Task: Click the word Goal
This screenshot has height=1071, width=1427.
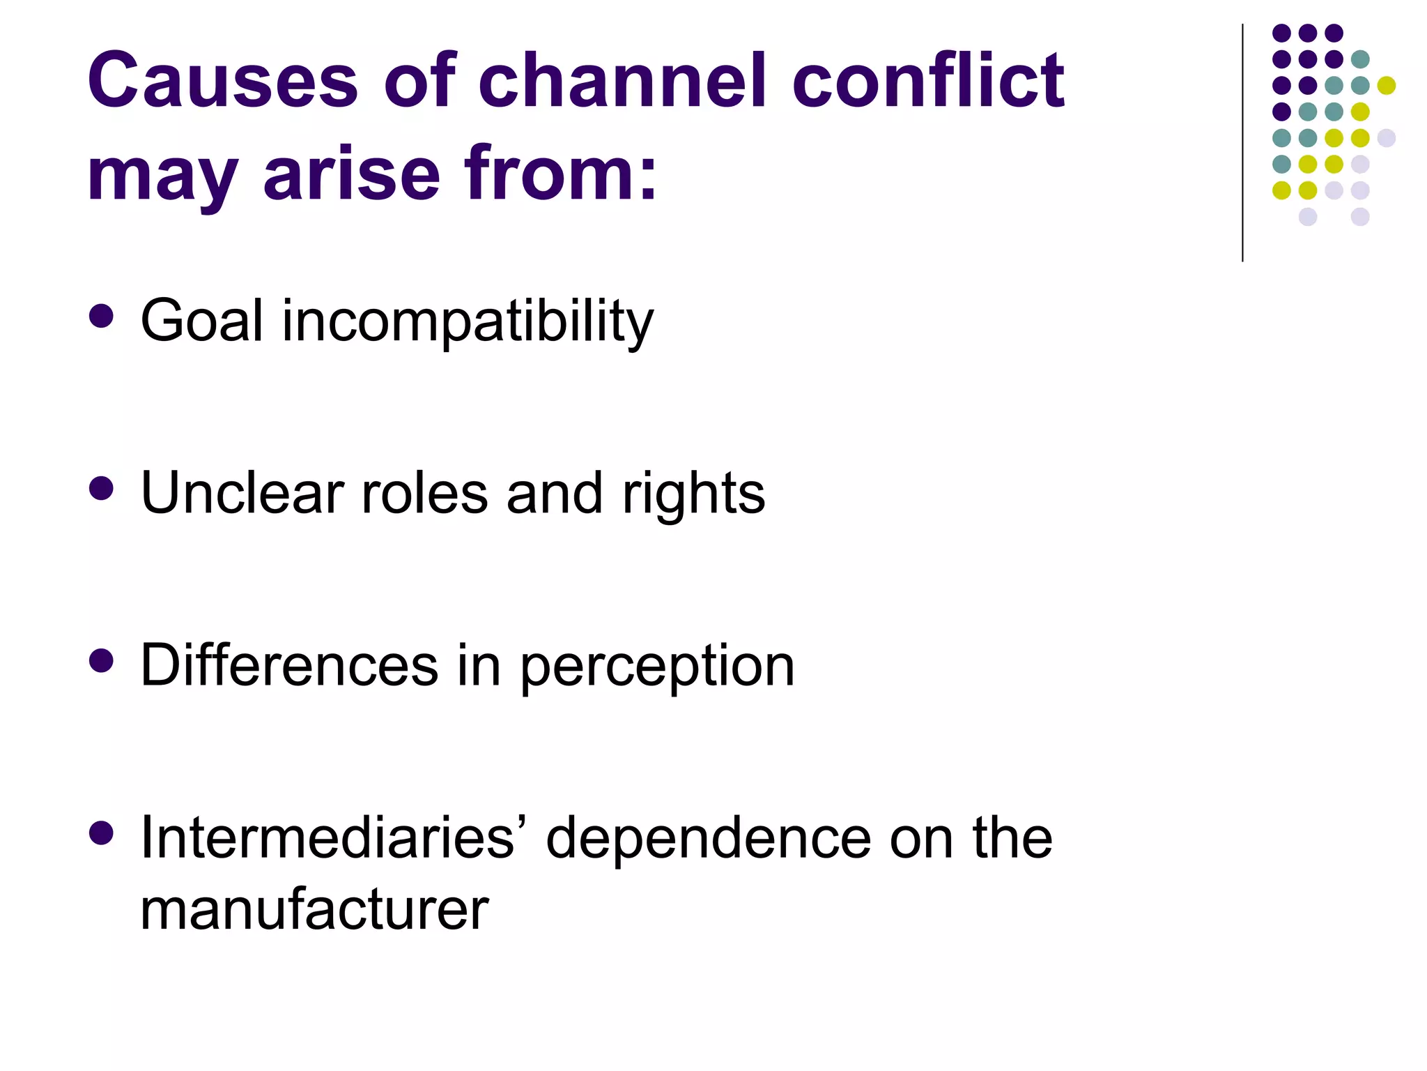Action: click(x=202, y=321)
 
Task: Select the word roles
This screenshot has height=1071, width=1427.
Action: click(x=424, y=493)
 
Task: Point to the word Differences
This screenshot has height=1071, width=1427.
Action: click(x=289, y=665)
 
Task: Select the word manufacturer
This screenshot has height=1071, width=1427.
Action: click(x=314, y=910)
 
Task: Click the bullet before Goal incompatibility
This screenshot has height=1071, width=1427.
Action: click(x=102, y=316)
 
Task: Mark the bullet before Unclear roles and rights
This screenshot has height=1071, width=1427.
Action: click(x=102, y=488)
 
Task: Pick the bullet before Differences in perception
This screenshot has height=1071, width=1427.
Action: click(x=102, y=660)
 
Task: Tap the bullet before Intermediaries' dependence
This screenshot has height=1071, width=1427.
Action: click(x=102, y=833)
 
